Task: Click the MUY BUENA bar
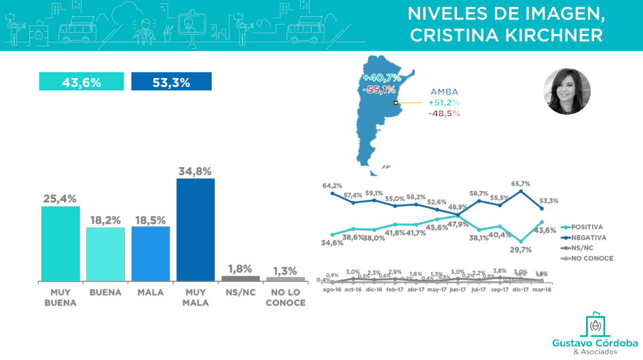coord(60,243)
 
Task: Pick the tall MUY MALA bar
coord(196,230)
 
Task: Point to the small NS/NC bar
coord(240,278)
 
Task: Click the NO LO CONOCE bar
coord(285,278)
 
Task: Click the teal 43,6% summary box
coord(81,82)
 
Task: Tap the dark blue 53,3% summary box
coord(171,82)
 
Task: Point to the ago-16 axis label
coord(332,289)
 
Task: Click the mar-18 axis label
coord(542,289)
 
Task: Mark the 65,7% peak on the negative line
coord(521,191)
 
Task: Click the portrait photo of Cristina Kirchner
coord(567,91)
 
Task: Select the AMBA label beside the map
coord(445,92)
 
